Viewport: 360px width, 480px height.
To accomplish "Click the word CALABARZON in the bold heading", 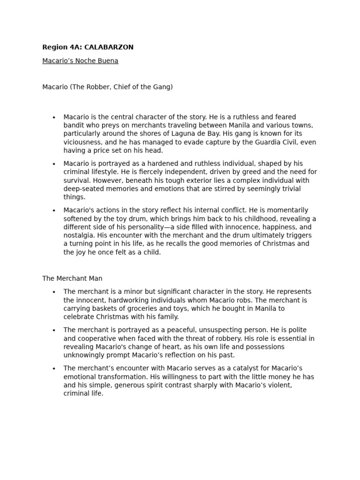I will click(111, 47).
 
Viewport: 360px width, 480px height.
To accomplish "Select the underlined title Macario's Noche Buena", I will click(80, 61).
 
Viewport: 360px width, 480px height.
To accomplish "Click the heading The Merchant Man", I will click(72, 278).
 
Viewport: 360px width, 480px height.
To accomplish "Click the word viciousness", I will click(82, 142).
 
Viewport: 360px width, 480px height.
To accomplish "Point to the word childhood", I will click(278, 218).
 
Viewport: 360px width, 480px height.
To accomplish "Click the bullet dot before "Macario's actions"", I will click(54, 210).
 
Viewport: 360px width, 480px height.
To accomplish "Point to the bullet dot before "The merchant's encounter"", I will click(54, 368).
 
